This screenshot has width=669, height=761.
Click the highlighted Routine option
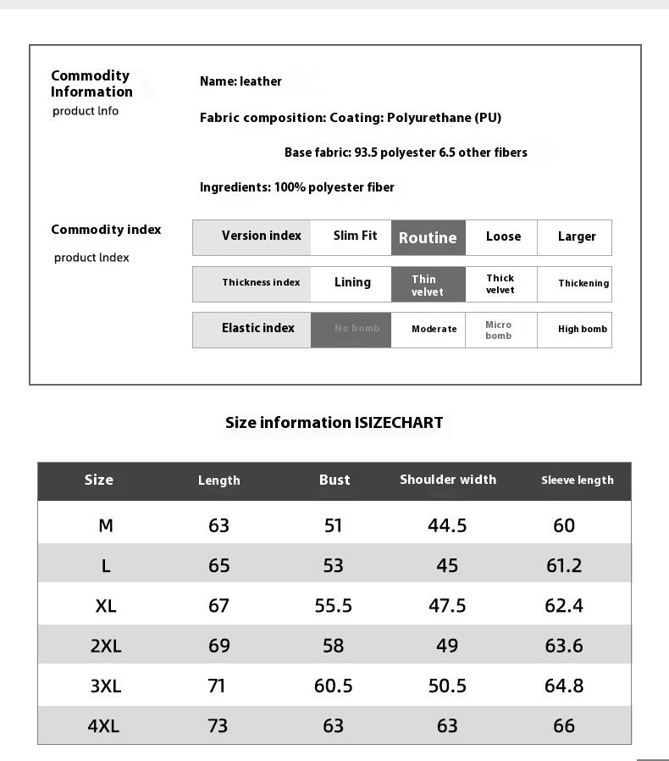point(428,238)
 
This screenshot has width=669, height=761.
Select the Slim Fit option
point(355,236)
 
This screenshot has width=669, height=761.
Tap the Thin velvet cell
point(428,285)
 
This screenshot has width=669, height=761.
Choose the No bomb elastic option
point(357,329)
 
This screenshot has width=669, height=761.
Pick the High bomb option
point(583,329)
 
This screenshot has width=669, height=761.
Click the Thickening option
point(583,283)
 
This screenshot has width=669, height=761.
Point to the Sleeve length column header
point(578,480)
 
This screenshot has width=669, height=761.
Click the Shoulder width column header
point(448,480)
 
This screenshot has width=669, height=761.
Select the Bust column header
point(334,480)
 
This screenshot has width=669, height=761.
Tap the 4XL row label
point(103,725)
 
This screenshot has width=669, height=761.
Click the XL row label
point(106,606)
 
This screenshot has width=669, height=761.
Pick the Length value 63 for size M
point(218,525)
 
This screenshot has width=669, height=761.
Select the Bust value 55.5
point(334,606)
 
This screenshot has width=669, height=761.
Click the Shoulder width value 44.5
point(447,525)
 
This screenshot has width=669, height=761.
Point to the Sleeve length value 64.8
point(564,686)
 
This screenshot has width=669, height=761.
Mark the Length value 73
point(218,725)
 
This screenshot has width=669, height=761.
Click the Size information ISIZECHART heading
point(334,422)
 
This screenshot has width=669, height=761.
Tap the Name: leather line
point(241,81)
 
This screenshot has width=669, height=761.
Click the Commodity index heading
point(106,230)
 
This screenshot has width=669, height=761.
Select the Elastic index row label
point(258,328)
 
